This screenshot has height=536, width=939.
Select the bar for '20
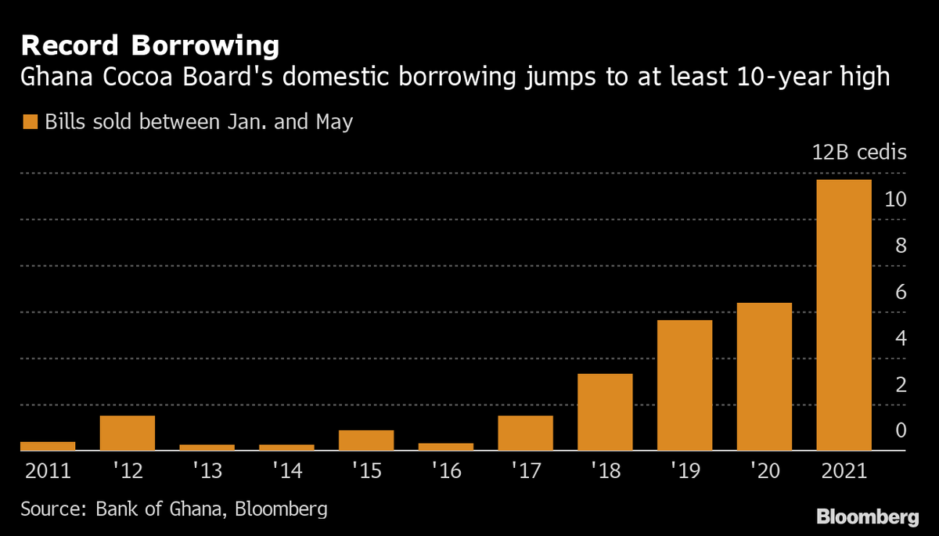[764, 376]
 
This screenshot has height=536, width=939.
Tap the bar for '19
[685, 385]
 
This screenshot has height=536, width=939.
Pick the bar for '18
[605, 412]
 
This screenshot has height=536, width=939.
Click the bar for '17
[525, 433]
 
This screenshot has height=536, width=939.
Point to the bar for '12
[128, 433]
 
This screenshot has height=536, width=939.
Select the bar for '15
[366, 441]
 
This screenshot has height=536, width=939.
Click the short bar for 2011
[48, 446]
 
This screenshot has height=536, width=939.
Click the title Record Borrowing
[149, 46]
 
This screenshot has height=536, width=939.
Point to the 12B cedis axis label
[858, 153]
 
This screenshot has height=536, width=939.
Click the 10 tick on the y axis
[895, 200]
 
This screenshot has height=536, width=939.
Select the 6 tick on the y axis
[900, 292]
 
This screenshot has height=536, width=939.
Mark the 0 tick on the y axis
[900, 430]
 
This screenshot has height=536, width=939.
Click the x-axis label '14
[286, 472]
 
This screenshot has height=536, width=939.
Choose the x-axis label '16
[445, 472]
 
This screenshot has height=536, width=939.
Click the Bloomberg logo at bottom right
[867, 516]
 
